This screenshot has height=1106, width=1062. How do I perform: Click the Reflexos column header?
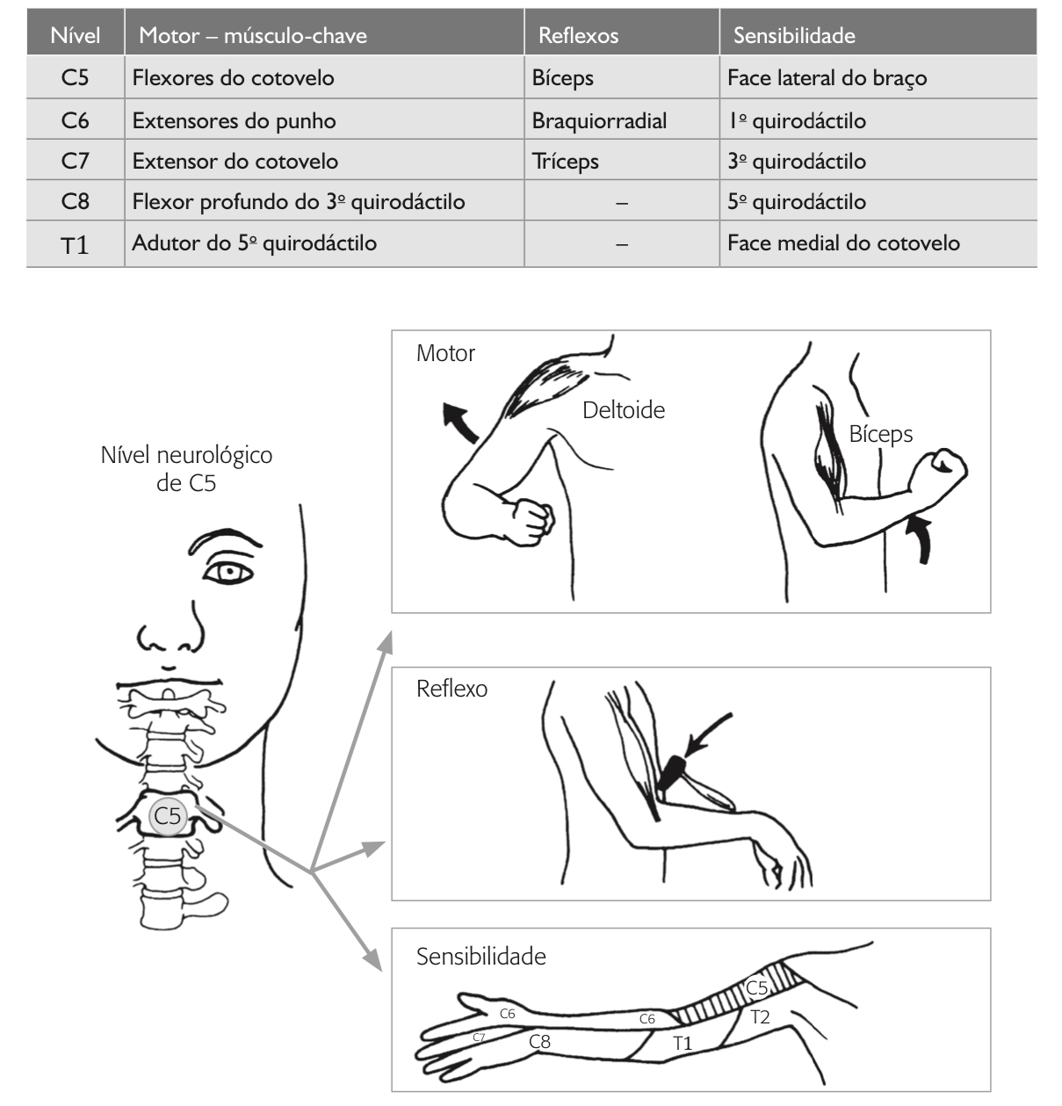(x=578, y=36)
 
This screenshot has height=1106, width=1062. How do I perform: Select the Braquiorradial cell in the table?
(x=599, y=120)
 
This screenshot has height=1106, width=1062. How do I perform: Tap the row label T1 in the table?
(x=76, y=245)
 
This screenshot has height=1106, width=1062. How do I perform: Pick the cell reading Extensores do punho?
(x=234, y=120)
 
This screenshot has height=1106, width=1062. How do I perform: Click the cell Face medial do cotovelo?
(x=843, y=243)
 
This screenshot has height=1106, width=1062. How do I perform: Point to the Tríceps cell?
(x=565, y=162)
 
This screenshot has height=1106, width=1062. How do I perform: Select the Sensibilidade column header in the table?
(x=794, y=36)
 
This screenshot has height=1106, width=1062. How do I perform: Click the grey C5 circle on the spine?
(x=167, y=816)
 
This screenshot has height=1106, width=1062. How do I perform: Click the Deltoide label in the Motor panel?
(x=624, y=410)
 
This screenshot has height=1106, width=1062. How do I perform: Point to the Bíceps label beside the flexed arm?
(x=880, y=434)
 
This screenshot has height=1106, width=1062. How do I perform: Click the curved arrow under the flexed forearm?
(x=921, y=538)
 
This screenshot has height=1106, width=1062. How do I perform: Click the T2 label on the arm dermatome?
(x=760, y=1017)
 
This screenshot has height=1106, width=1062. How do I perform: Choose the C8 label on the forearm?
(x=539, y=1042)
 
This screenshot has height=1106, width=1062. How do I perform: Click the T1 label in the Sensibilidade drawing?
(x=683, y=1044)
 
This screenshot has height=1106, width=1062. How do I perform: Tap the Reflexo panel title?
(x=452, y=689)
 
